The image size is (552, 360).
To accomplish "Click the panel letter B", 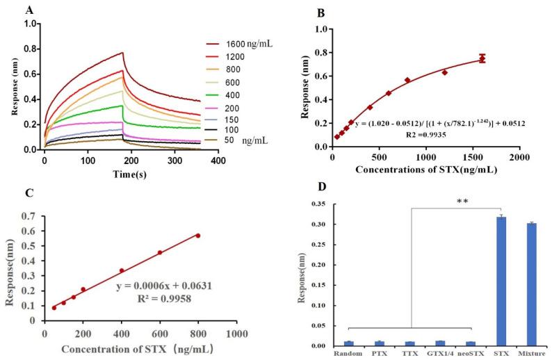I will pyautogui.click(x=322, y=12).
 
